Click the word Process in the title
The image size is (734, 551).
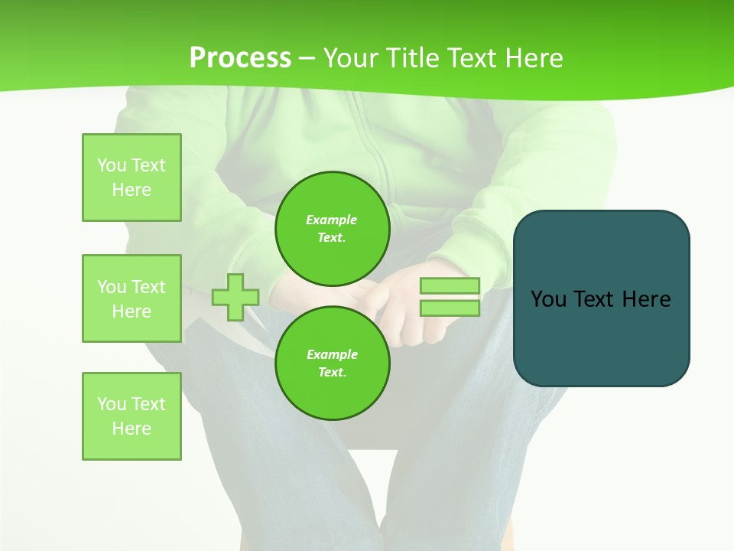click(x=240, y=58)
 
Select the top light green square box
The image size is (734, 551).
click(x=132, y=178)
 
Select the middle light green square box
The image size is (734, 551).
click(x=132, y=298)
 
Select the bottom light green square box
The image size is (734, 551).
click(x=132, y=416)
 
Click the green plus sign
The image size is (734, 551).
click(x=235, y=297)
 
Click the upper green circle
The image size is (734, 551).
click(x=332, y=229)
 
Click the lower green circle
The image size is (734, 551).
click(x=332, y=364)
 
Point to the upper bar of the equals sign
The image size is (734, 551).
click(x=450, y=286)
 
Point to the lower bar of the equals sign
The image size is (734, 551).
click(x=450, y=308)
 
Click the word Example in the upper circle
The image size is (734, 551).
click(x=332, y=220)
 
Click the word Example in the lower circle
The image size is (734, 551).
click(x=332, y=354)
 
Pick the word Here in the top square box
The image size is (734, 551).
click(x=132, y=190)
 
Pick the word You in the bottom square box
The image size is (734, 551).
click(x=112, y=404)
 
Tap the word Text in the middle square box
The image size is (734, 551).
click(x=148, y=287)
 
